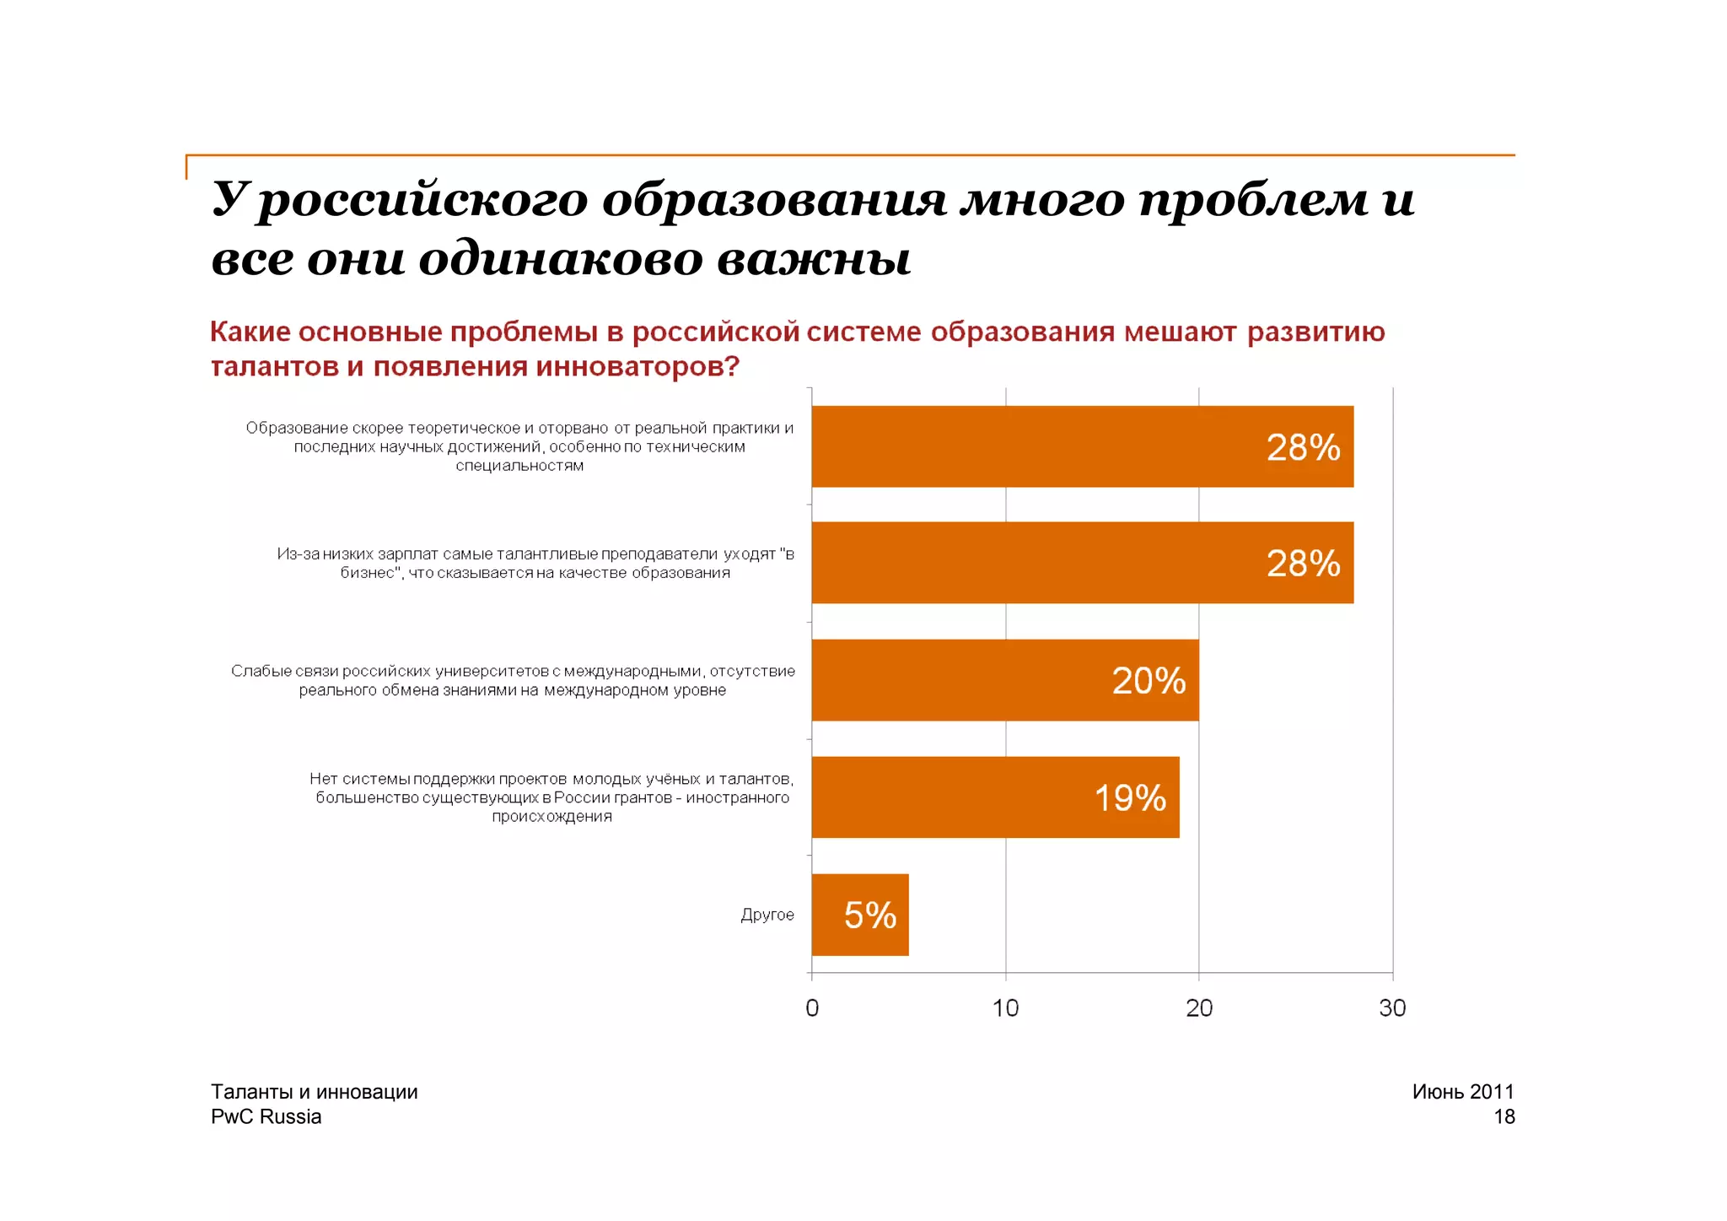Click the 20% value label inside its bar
pos(1148,681)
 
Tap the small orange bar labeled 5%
pos(860,915)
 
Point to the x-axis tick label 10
pos(1005,1008)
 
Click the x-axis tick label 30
pos(1392,1008)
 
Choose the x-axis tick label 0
pos(812,1008)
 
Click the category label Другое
pos(767,915)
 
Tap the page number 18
pos(1504,1116)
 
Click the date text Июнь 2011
pos(1463,1091)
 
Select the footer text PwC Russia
pos(266,1116)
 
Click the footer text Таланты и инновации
pos(314,1091)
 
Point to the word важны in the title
pos(814,258)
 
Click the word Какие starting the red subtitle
pos(250,332)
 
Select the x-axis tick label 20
pos(1199,1008)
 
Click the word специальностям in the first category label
pos(519,466)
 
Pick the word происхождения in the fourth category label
pos(551,817)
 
